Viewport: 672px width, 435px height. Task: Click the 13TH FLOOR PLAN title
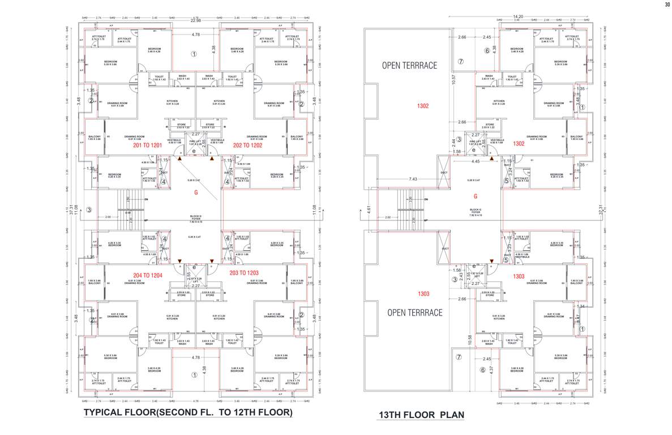[x=421, y=415]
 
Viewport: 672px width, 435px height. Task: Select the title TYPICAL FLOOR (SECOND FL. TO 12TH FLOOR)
[x=188, y=412]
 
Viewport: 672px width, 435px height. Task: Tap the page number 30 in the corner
[x=667, y=5]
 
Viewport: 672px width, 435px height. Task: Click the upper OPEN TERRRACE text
[x=409, y=65]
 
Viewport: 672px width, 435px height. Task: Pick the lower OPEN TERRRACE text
[x=414, y=313]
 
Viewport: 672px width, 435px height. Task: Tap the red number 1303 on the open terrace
[x=423, y=294]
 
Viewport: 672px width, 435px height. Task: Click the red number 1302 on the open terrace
[x=423, y=106]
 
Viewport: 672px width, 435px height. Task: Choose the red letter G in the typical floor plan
[x=196, y=193]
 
